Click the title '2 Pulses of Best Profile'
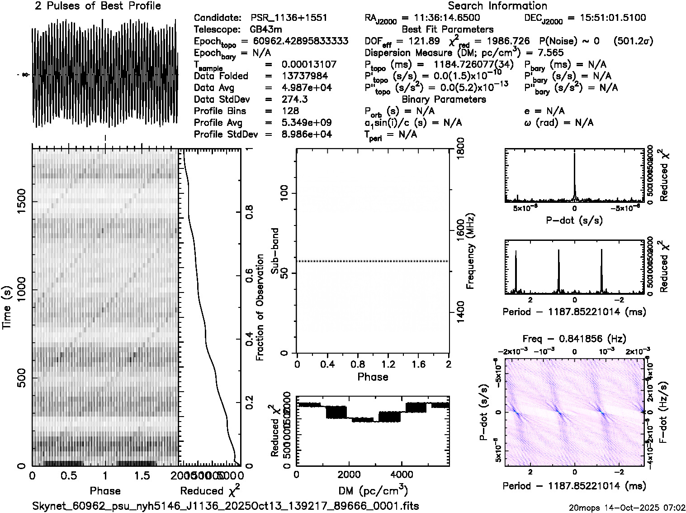[98, 6]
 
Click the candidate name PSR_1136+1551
[289, 18]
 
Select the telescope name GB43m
[266, 29]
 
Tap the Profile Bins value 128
[290, 111]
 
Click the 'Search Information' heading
[497, 6]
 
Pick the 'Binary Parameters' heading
[444, 99]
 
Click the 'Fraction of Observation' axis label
[260, 307]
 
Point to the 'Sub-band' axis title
[275, 250]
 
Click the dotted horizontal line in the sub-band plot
[372, 261]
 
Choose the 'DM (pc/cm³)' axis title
[373, 490]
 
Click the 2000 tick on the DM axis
[349, 475]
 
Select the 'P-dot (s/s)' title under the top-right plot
[574, 221]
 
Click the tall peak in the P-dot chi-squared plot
[574, 177]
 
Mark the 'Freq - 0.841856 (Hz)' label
[574, 339]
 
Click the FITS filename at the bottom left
[225, 506]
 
